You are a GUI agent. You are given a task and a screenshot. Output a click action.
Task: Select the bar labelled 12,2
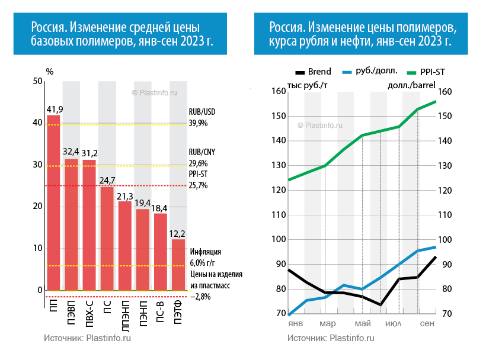coord(178,265)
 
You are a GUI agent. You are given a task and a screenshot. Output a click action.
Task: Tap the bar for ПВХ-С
coord(89,225)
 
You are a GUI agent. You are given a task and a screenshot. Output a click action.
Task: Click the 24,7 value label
coord(107,179)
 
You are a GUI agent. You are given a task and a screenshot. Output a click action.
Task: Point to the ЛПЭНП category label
coord(125,313)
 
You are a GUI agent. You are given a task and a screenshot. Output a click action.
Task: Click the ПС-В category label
coord(161,310)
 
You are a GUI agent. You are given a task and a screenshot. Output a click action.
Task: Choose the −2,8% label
coord(201,297)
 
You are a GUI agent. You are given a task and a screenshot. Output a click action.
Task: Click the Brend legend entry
coord(312,72)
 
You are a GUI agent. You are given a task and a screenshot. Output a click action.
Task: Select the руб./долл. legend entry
coord(368,72)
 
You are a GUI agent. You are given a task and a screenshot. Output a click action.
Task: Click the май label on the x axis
coord(362,324)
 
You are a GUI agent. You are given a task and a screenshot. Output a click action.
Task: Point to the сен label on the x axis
coord(426,324)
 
